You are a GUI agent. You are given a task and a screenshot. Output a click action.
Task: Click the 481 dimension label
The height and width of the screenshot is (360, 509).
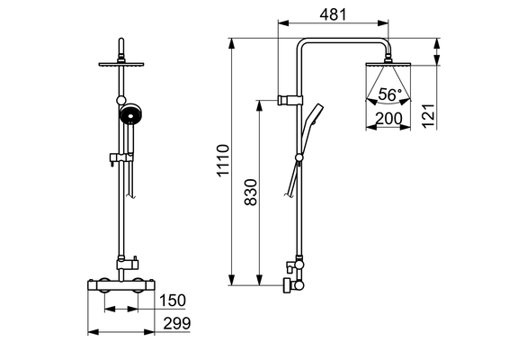[x=333, y=14]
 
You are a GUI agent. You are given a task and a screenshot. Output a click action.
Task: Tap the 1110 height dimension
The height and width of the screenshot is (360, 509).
[x=223, y=160]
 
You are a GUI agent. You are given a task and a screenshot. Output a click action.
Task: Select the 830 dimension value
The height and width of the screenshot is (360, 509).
[x=251, y=192]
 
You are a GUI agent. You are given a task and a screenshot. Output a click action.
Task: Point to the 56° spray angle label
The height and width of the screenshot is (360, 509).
[x=389, y=94]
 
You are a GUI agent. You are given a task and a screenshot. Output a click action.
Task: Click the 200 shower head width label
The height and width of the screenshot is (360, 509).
[x=388, y=119]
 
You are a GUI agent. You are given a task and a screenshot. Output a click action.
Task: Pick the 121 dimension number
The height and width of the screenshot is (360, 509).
[x=428, y=116]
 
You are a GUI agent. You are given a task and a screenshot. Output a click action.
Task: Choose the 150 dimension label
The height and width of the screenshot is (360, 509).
[x=173, y=301]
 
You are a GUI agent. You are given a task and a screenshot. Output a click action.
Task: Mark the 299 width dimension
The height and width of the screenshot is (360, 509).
[x=177, y=324]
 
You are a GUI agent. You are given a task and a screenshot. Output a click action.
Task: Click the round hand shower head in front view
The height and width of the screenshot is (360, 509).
[x=130, y=114]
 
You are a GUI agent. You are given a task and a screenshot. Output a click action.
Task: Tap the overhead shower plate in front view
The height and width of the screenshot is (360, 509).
[x=121, y=64]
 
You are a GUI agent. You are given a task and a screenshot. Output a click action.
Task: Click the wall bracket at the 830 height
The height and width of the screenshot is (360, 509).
[x=290, y=101]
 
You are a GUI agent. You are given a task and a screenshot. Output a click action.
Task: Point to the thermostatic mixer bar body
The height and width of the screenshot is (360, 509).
[x=121, y=285]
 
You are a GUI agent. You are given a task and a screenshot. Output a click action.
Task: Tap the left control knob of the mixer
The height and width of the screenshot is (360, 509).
[x=104, y=285]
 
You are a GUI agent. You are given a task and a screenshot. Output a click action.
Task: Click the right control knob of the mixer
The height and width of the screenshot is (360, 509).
[x=138, y=285]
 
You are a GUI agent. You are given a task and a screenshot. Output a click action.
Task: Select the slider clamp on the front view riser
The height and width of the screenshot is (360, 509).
[x=121, y=157]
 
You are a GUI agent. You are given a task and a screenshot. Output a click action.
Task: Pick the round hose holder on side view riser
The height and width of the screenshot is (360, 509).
[x=299, y=157]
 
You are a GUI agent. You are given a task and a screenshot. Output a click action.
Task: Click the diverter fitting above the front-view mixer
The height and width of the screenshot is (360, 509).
[x=128, y=262]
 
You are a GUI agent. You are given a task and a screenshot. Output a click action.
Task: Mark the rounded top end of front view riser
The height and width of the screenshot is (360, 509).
[x=121, y=40]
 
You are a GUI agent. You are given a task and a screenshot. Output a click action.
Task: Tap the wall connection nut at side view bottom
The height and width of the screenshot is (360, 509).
[x=287, y=285]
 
